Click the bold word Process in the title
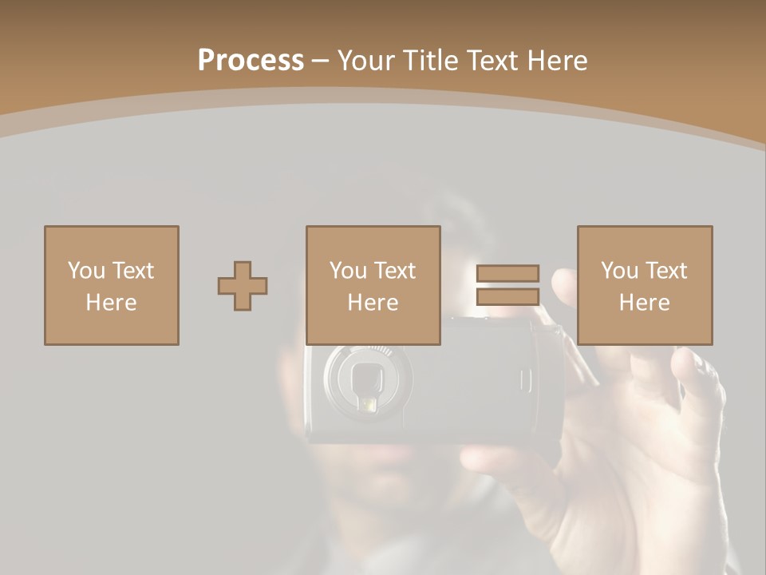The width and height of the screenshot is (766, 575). pyautogui.click(x=251, y=60)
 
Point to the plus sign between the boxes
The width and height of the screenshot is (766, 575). pyautogui.click(x=243, y=286)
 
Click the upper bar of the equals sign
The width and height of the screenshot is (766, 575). pyautogui.click(x=507, y=274)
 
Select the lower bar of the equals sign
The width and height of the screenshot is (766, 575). pyautogui.click(x=507, y=296)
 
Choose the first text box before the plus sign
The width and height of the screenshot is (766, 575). pyautogui.click(x=111, y=285)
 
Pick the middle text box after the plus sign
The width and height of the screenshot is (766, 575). pyautogui.click(x=373, y=285)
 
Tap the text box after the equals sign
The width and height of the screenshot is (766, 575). pyautogui.click(x=644, y=285)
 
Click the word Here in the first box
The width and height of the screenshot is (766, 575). pyautogui.click(x=111, y=303)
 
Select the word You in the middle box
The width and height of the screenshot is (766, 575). pyautogui.click(x=348, y=271)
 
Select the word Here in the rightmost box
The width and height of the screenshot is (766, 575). pyautogui.click(x=644, y=303)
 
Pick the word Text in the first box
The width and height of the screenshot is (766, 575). pyautogui.click(x=134, y=271)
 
